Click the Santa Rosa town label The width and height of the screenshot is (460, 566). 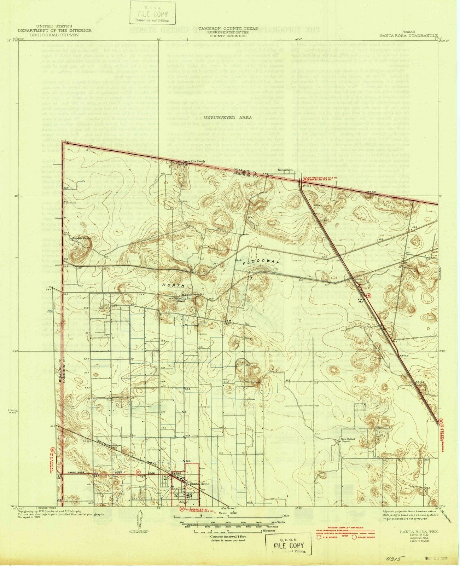click(200, 484)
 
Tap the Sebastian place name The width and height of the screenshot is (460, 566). click(285, 170)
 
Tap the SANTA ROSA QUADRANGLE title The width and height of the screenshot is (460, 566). click(409, 36)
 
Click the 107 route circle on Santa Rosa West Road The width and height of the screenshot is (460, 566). click(138, 472)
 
